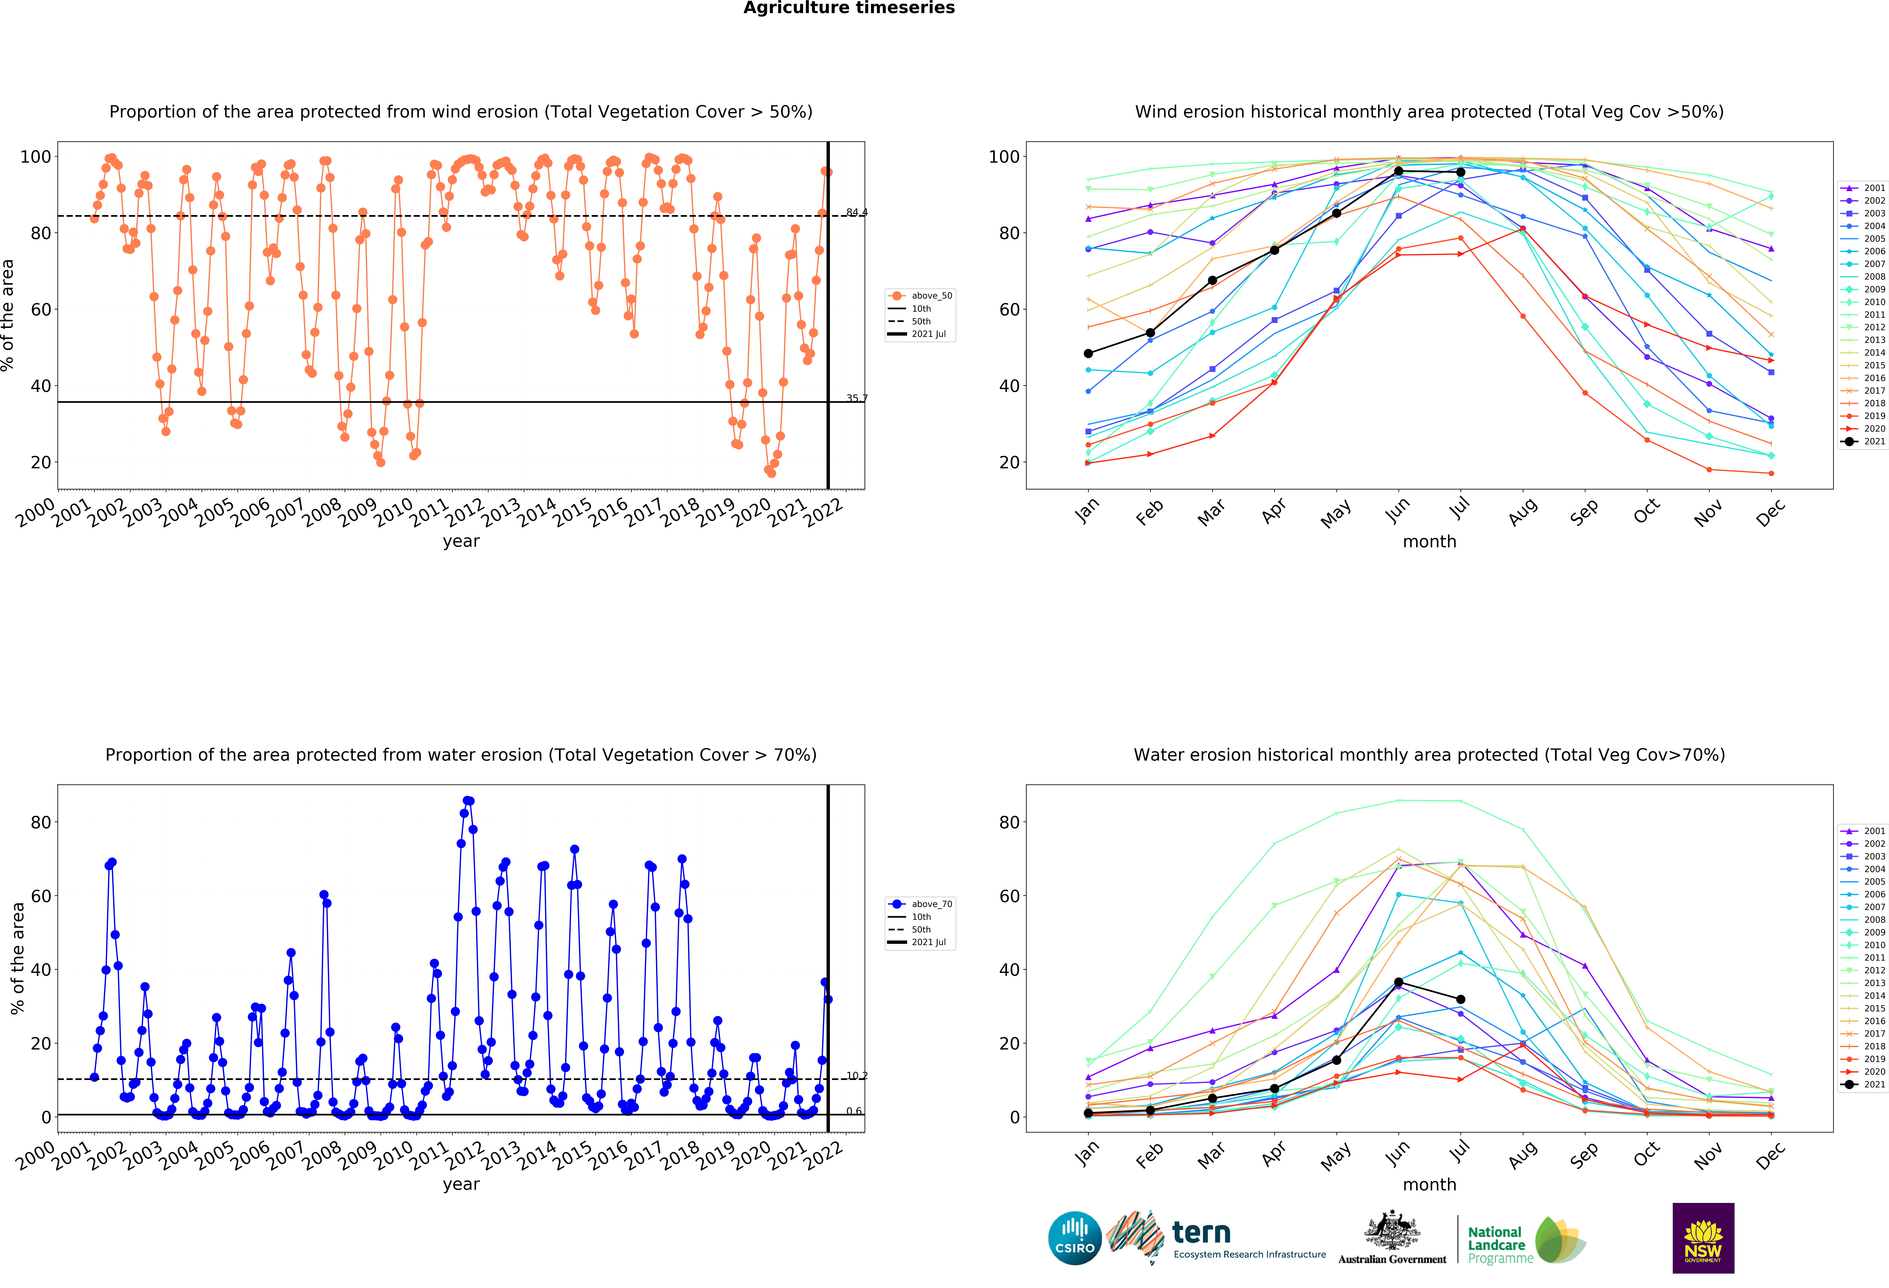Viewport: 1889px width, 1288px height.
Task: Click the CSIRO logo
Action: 1075,1238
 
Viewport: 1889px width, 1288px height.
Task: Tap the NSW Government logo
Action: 1703,1238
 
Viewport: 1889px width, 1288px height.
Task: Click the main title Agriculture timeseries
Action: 849,8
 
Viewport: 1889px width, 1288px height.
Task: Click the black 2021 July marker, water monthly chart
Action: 1461,999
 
